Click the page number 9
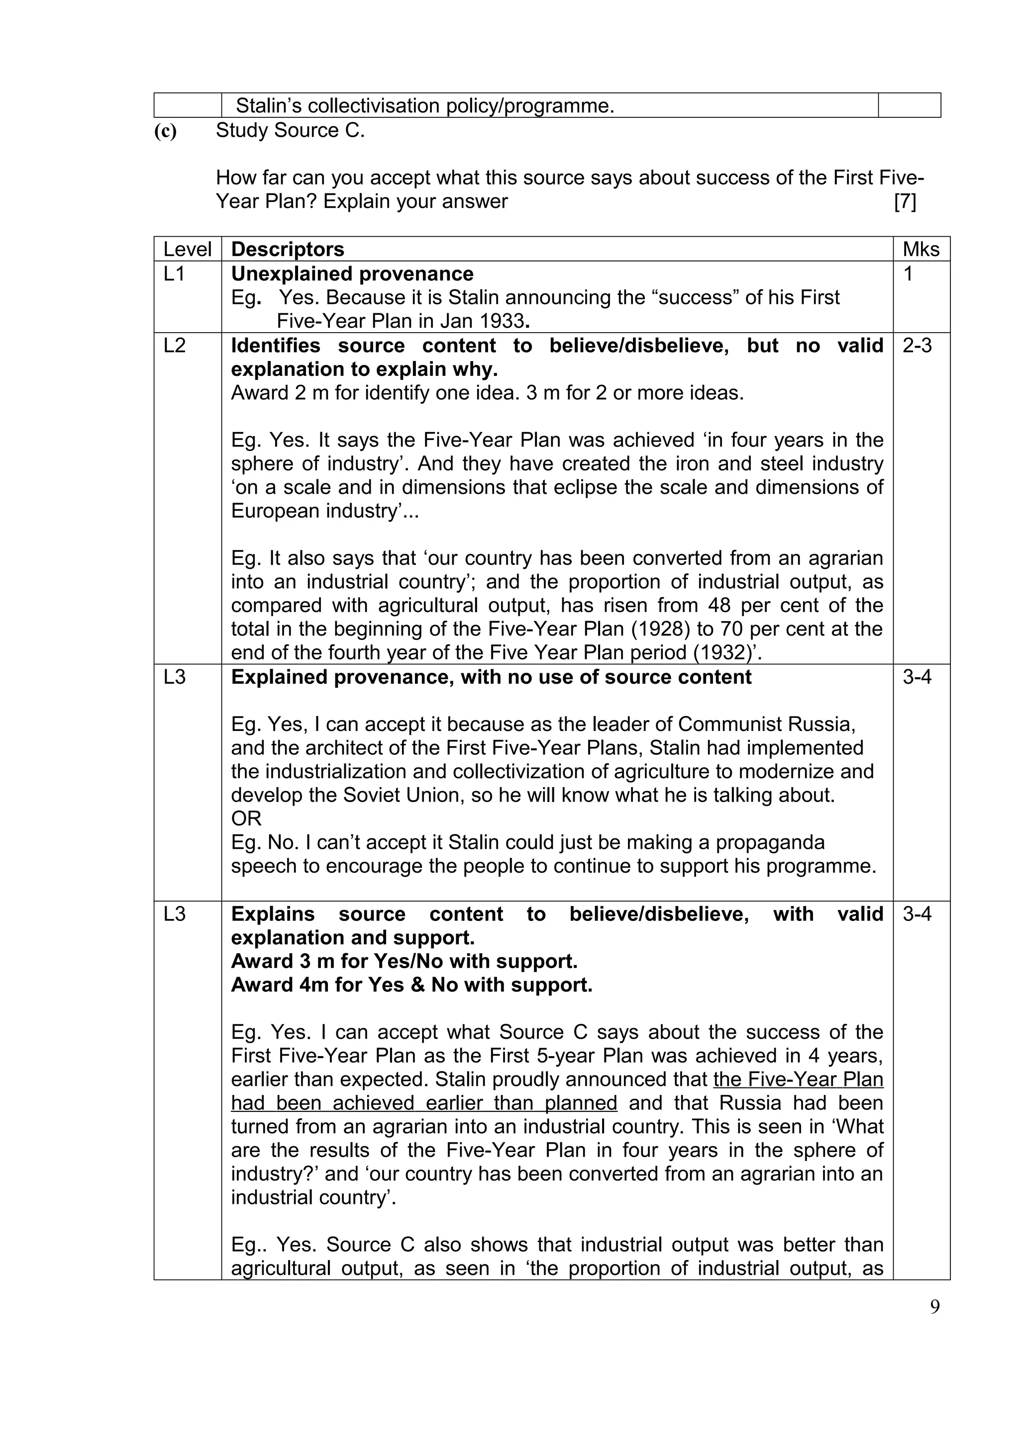click(x=935, y=1307)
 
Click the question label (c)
click(x=165, y=131)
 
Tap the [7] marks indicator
click(x=905, y=201)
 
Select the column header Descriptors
click(x=288, y=249)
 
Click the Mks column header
click(x=920, y=249)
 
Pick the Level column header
click(x=187, y=249)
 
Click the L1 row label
click(x=174, y=273)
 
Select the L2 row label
click(x=175, y=345)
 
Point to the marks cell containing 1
click(x=908, y=273)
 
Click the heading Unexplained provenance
click(x=352, y=273)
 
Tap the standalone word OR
click(x=246, y=818)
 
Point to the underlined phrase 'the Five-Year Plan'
click(x=798, y=1079)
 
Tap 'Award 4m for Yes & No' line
click(x=411, y=985)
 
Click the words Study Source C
click(x=290, y=131)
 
